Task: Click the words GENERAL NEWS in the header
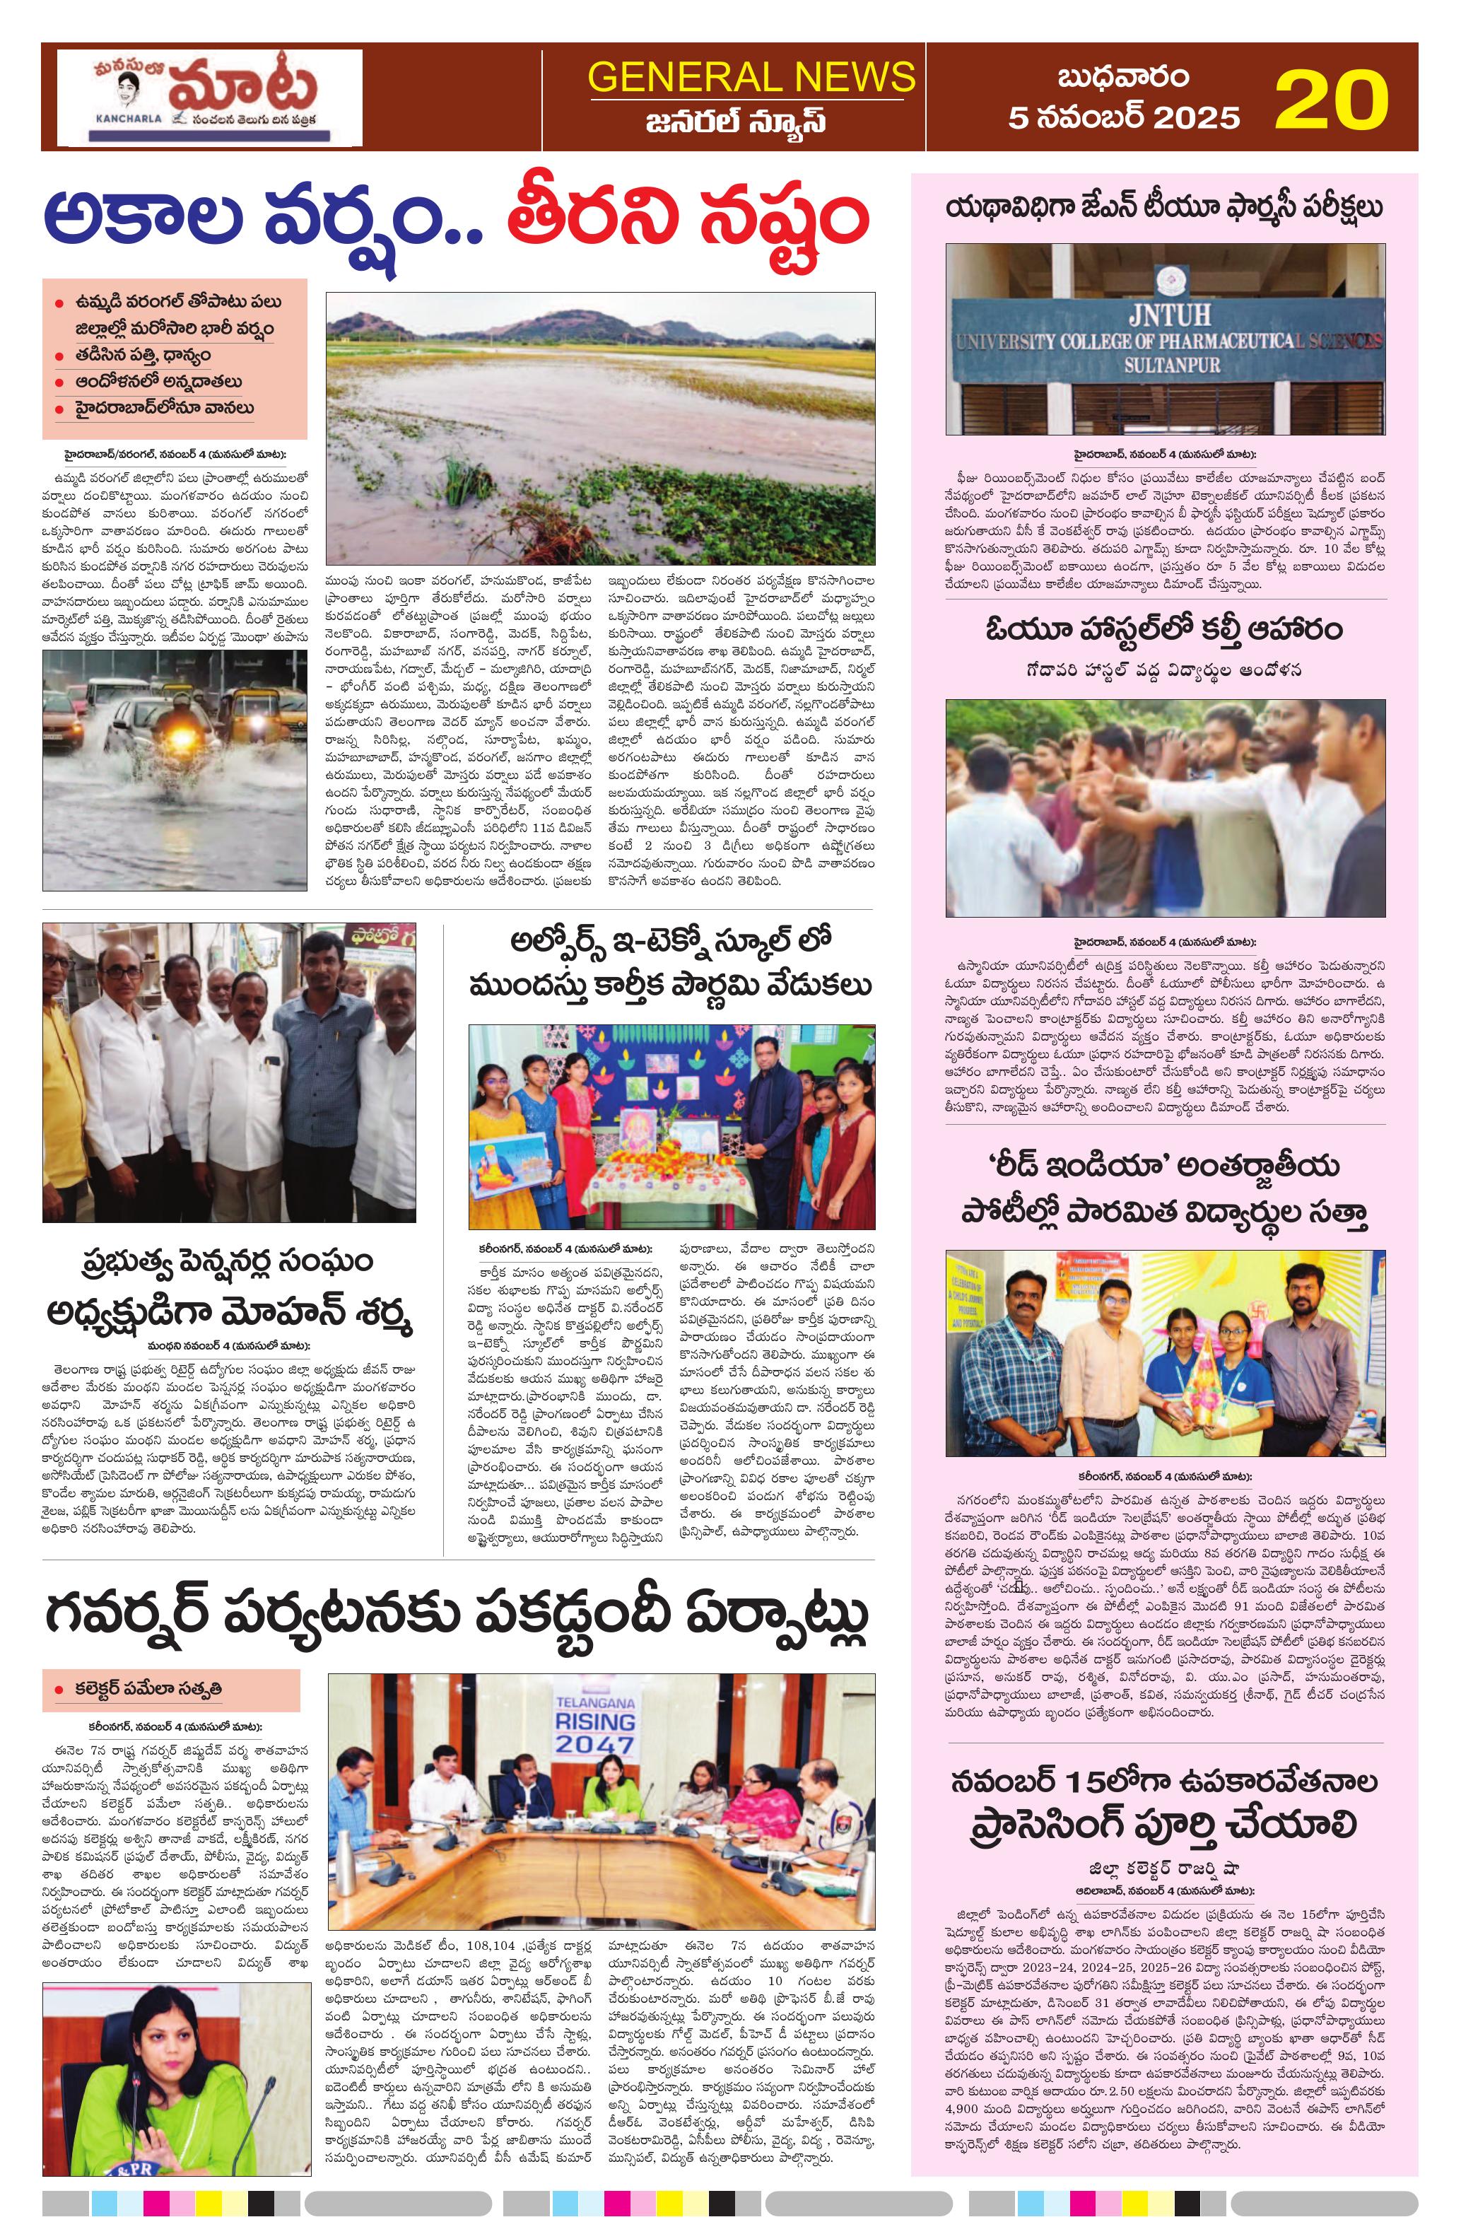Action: (x=751, y=76)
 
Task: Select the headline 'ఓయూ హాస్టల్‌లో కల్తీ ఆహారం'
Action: (x=1163, y=630)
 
